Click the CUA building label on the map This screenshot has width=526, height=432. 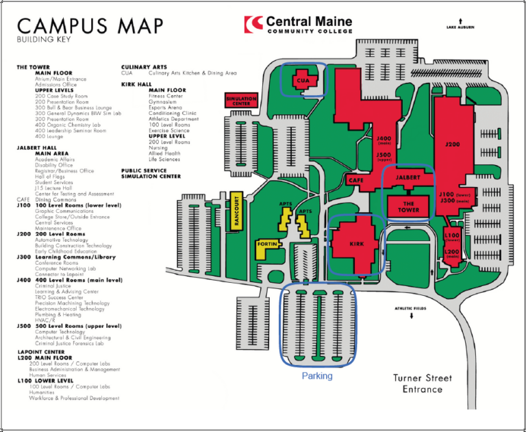tap(303, 80)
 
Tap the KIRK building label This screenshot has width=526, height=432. tap(357, 244)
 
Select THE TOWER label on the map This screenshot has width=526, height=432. tap(408, 207)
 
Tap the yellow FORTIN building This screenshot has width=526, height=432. tap(266, 244)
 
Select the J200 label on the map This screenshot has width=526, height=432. tap(453, 145)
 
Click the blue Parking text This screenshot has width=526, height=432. tap(316, 376)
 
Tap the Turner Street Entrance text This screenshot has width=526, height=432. tap(423, 383)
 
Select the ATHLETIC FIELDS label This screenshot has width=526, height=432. tap(410, 309)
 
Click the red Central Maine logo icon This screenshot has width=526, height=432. tap(253, 24)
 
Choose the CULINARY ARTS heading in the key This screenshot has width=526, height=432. tap(144, 66)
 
